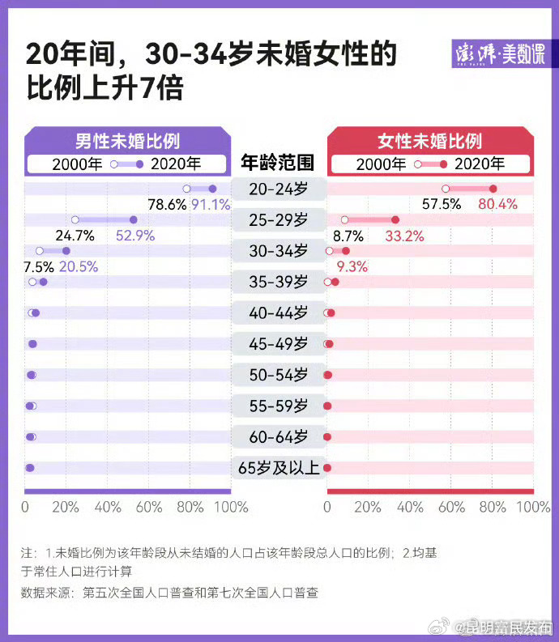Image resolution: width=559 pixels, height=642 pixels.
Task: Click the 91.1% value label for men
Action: tap(211, 205)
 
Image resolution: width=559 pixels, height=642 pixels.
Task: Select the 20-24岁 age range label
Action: tap(279, 189)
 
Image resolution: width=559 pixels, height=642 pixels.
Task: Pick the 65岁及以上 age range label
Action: tap(279, 468)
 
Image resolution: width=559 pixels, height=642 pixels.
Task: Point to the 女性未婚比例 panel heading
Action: tap(429, 141)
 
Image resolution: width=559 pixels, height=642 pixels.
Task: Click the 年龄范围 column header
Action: tap(279, 162)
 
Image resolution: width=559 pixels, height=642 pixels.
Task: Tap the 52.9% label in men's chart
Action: tap(135, 236)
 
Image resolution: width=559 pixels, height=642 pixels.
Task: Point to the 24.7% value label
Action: tap(75, 236)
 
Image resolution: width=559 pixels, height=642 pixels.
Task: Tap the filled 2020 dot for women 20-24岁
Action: tap(493, 189)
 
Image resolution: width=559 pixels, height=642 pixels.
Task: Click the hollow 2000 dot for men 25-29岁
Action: tap(75, 219)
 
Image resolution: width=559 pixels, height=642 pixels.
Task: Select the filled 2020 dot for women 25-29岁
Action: tap(395, 219)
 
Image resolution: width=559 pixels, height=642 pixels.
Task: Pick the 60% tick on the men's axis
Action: tap(150, 507)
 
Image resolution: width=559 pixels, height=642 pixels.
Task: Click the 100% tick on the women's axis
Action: tap(532, 507)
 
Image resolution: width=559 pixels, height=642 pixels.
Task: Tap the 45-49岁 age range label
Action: tap(279, 344)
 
